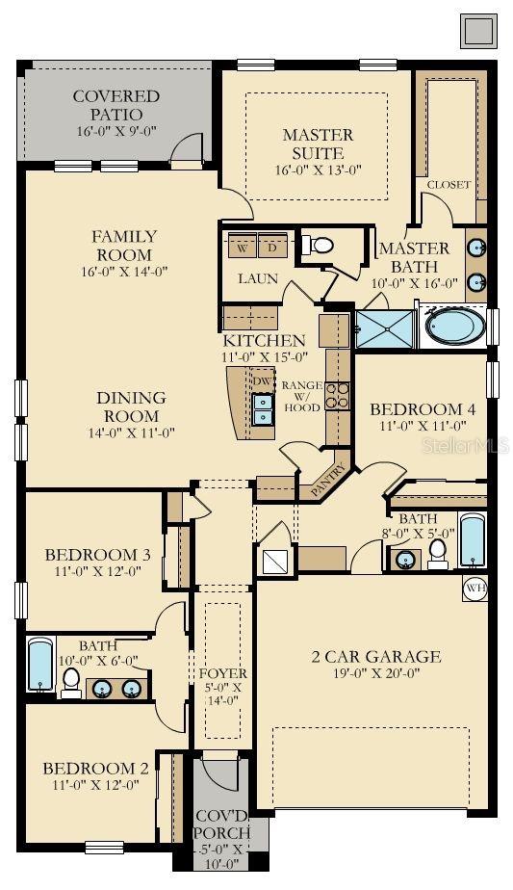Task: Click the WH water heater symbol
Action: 475,588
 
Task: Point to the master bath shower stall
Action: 385,328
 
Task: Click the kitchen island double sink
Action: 263,408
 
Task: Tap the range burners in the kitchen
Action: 337,396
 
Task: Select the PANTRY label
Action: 328,481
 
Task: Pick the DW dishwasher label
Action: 263,380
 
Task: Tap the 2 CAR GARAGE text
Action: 376,657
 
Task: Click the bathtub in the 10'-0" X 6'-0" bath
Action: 40,665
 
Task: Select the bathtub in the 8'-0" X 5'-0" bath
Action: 473,539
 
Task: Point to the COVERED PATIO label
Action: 116,105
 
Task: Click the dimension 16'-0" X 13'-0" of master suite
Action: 318,170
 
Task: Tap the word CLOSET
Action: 449,185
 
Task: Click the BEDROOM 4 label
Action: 423,409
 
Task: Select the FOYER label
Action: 223,673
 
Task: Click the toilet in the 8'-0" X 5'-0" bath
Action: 438,553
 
